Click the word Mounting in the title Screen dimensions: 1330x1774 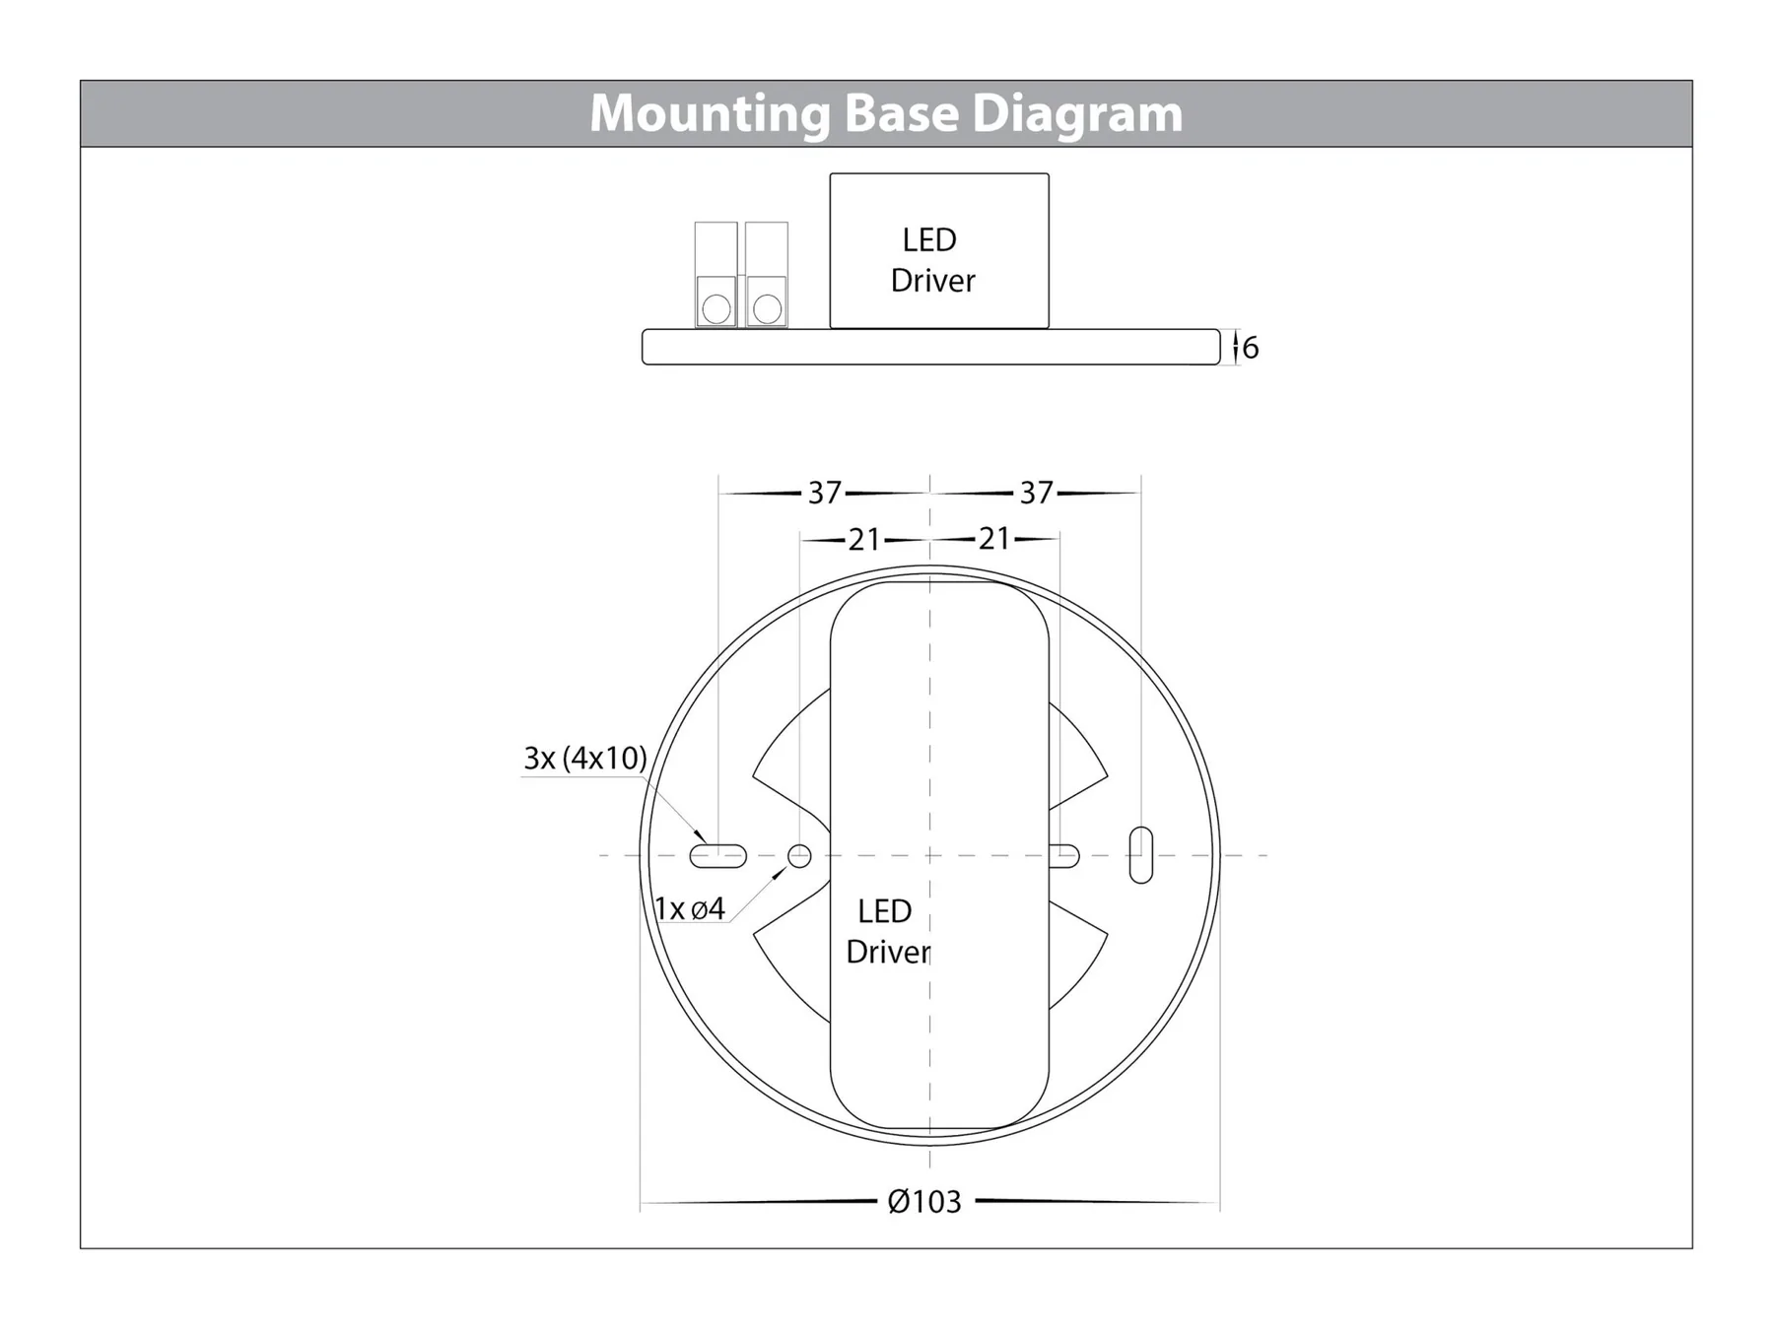[x=710, y=113]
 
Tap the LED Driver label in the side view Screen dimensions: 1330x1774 [x=931, y=260]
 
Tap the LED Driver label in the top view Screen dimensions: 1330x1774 [x=886, y=931]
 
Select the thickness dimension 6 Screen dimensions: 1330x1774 [x=1251, y=348]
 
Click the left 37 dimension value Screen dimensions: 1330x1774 [x=825, y=493]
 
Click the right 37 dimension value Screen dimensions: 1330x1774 [x=1036, y=493]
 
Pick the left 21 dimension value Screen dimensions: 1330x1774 [x=864, y=540]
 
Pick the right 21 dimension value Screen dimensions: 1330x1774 [x=993, y=539]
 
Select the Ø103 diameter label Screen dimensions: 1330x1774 [x=923, y=1202]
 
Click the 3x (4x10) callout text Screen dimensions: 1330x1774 [x=584, y=758]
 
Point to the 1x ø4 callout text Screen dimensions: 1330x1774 [x=690, y=908]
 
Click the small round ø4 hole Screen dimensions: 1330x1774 [x=799, y=855]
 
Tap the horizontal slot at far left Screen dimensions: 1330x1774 [x=717, y=855]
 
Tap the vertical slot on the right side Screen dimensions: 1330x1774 [x=1140, y=854]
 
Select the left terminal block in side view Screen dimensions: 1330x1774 [x=716, y=274]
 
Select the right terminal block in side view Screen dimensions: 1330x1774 [x=767, y=274]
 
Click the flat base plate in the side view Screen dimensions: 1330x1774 [x=930, y=348]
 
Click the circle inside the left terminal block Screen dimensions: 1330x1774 [x=716, y=308]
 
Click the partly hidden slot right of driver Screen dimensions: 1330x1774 [x=1065, y=855]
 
